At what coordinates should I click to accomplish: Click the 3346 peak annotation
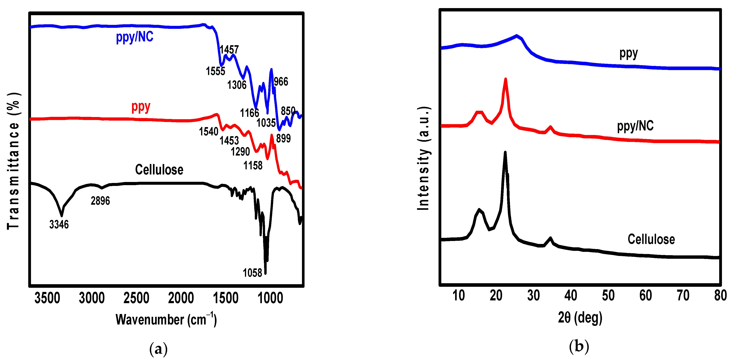(x=59, y=225)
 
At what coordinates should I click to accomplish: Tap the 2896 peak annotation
(x=100, y=201)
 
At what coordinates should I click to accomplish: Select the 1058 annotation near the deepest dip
(x=252, y=273)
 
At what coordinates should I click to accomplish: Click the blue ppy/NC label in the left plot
(x=135, y=37)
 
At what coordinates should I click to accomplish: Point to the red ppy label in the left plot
(x=141, y=107)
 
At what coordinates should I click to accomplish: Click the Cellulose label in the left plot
(x=159, y=170)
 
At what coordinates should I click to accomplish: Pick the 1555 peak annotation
(x=215, y=71)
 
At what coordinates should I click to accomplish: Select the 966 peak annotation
(x=281, y=82)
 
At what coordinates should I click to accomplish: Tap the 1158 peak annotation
(x=253, y=165)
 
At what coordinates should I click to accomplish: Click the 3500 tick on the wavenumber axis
(x=47, y=298)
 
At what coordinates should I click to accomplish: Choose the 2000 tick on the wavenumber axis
(x=181, y=298)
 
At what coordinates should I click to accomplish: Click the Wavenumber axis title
(x=166, y=320)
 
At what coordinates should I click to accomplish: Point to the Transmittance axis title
(x=13, y=161)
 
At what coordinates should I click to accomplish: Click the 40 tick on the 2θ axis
(x=571, y=295)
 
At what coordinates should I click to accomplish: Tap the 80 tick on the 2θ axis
(x=720, y=295)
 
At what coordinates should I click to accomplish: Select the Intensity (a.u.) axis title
(x=423, y=158)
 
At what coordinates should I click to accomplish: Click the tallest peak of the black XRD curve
(x=505, y=153)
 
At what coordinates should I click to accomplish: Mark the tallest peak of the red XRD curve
(x=505, y=79)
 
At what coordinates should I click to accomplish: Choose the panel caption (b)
(x=579, y=346)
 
